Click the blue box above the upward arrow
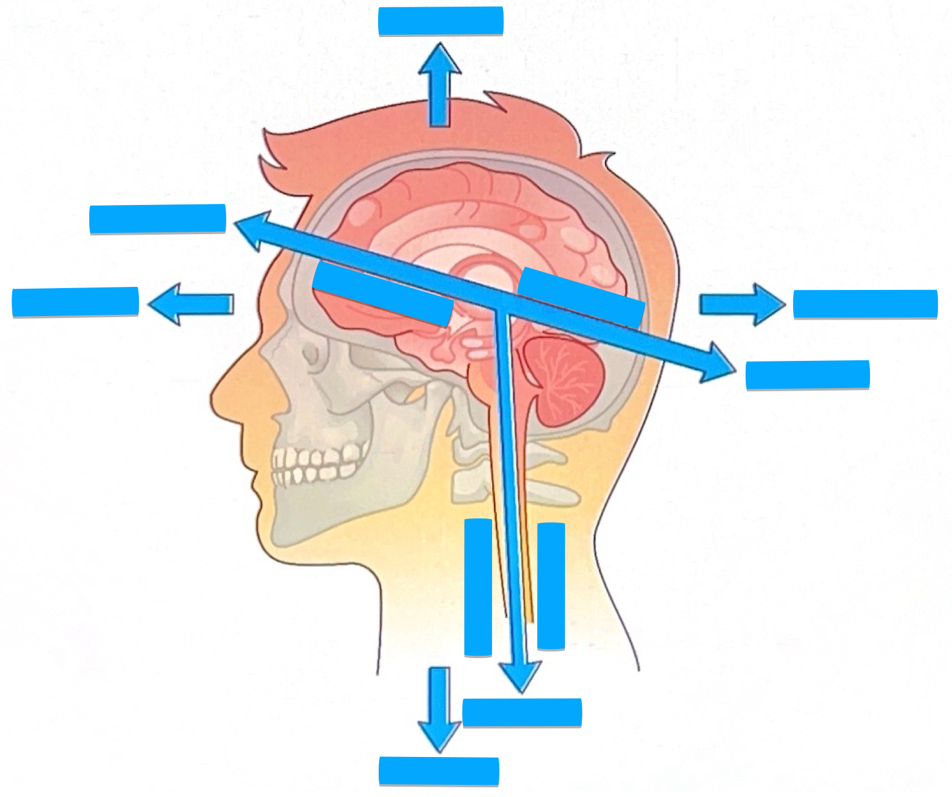441,21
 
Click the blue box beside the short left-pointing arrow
75,302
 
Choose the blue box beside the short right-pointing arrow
865,304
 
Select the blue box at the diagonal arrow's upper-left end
158,219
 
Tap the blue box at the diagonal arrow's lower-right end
807,375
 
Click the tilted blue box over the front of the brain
382,294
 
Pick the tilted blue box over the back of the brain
581,297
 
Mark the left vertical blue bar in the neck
478,587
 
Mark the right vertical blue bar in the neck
551,586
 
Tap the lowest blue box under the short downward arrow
439,771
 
